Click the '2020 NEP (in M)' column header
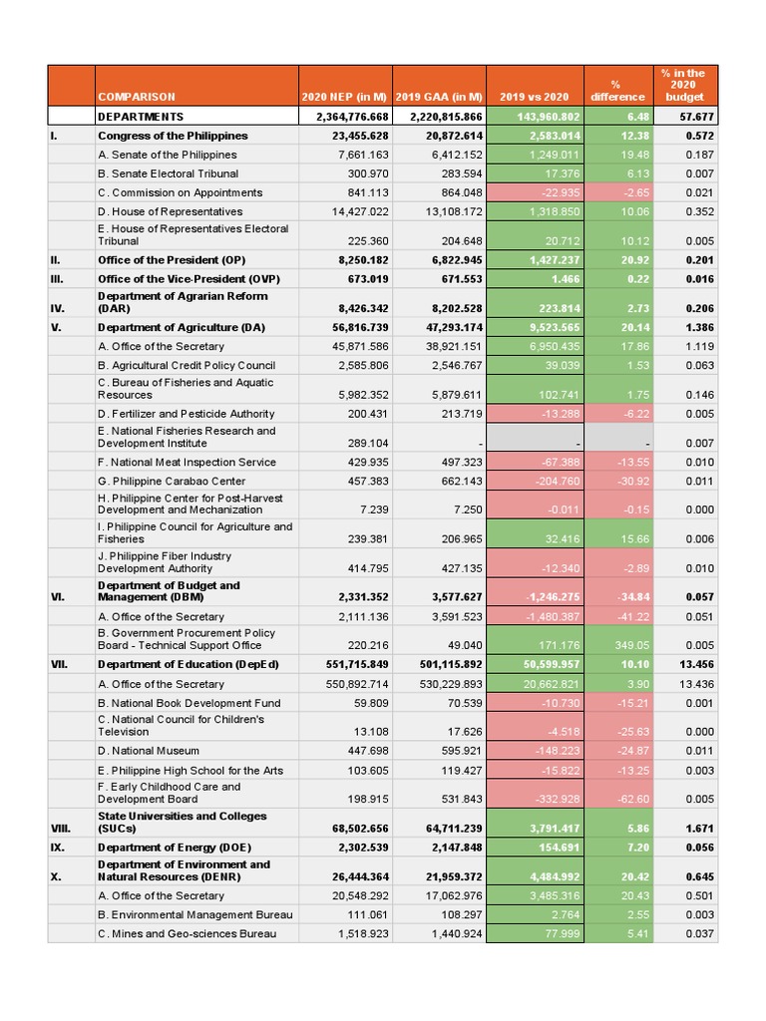[x=345, y=97]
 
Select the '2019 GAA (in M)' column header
[x=439, y=97]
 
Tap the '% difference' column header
[x=615, y=91]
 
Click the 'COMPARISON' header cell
[x=137, y=97]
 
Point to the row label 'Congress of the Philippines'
[x=173, y=136]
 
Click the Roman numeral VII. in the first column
[x=61, y=665]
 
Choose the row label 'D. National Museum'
[x=149, y=751]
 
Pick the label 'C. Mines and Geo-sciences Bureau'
[x=187, y=933]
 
